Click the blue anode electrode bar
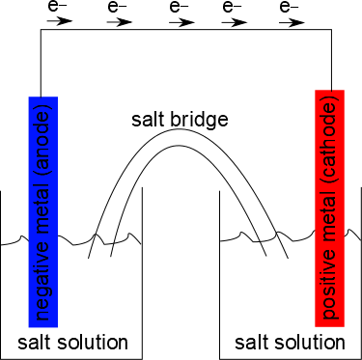point(43,211)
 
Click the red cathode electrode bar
point(330,208)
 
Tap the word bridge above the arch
point(199,120)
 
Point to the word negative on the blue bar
point(43,280)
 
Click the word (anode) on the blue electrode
point(43,137)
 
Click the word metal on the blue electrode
point(43,205)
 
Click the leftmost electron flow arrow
point(60,21)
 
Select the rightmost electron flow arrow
point(292,22)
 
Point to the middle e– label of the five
point(179,7)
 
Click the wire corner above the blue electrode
point(41,30)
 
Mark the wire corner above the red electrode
point(331,30)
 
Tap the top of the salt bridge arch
point(180,129)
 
